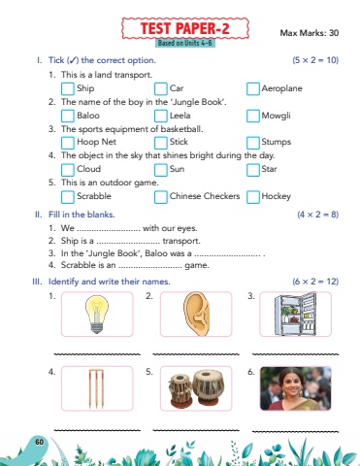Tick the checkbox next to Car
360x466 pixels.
click(x=161, y=89)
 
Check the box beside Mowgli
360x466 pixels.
click(x=253, y=116)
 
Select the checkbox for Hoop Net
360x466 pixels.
click(x=68, y=143)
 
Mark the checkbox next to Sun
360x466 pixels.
click(x=161, y=170)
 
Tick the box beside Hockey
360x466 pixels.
click(x=253, y=197)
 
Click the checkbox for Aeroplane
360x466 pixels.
click(x=253, y=89)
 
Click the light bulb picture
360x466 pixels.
click(x=97, y=315)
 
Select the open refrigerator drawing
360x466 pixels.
click(x=295, y=314)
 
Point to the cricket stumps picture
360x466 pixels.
click(x=96, y=388)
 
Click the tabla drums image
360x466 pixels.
click(x=196, y=389)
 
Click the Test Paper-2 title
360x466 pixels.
click(x=185, y=28)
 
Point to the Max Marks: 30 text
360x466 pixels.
click(x=310, y=33)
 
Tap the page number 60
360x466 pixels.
click(x=40, y=442)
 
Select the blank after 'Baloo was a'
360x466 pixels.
click(x=227, y=255)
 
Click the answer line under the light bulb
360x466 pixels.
click(x=97, y=354)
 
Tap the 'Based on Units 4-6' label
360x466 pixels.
click(x=185, y=43)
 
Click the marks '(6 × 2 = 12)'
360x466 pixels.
click(x=315, y=282)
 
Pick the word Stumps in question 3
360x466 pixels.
click(x=277, y=142)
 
